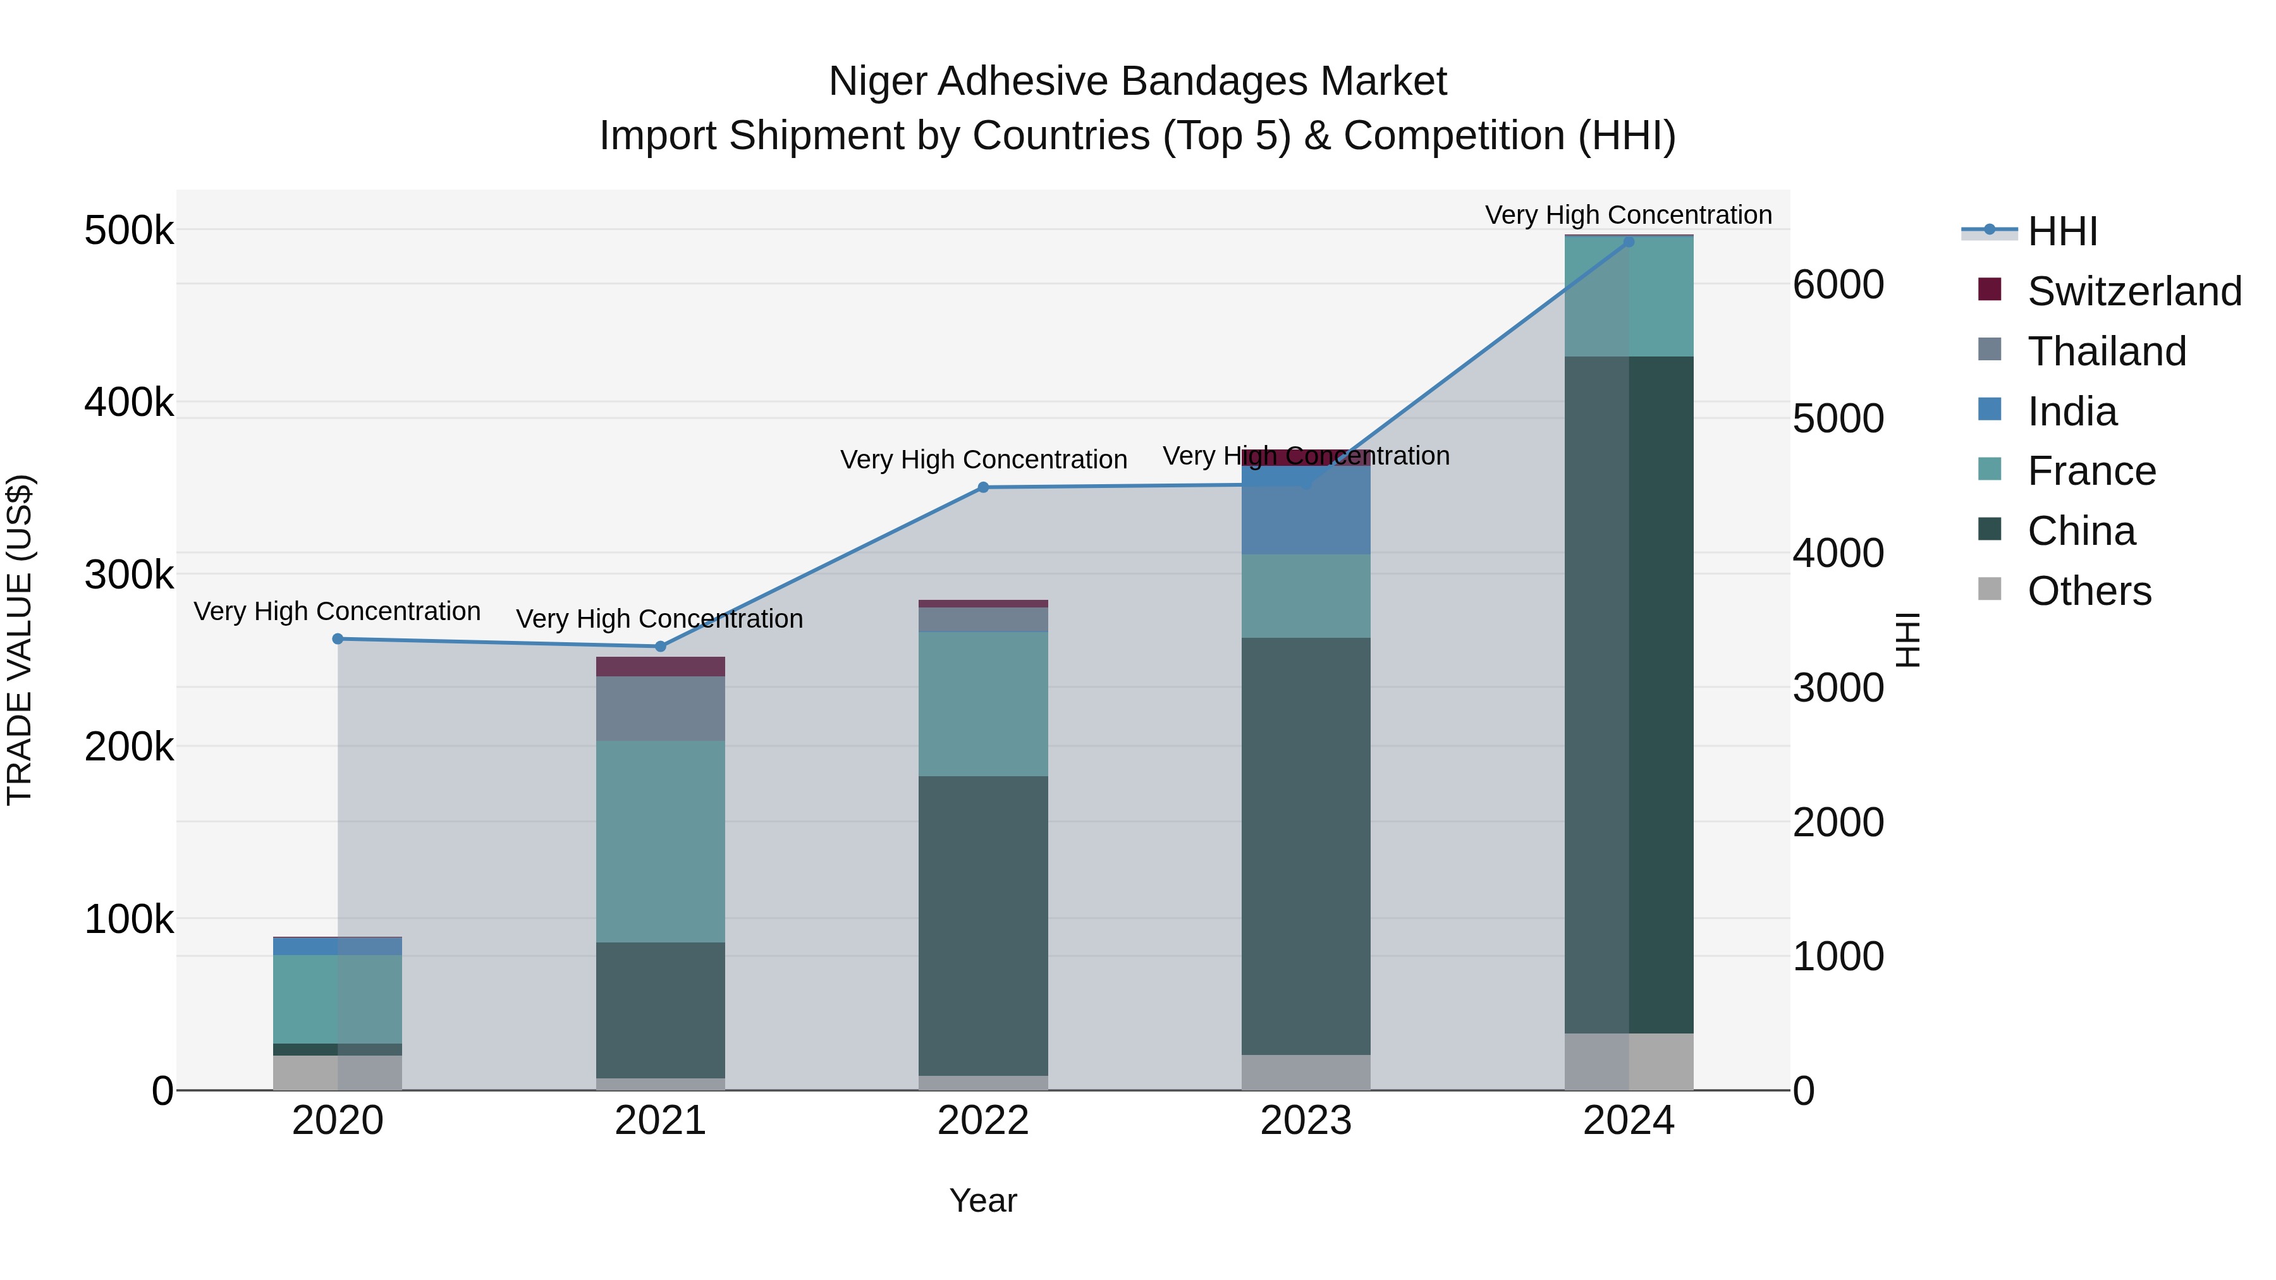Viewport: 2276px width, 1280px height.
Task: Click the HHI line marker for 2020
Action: point(338,638)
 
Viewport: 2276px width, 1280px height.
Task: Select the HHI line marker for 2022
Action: point(983,487)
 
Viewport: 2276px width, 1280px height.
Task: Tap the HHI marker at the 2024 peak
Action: point(1629,242)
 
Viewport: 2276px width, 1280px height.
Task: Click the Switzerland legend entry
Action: point(2134,291)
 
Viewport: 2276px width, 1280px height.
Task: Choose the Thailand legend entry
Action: point(2107,351)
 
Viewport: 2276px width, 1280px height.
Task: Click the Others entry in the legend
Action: point(2089,591)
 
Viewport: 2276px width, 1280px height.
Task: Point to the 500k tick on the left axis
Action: point(129,231)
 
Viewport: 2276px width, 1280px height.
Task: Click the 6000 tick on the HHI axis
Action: point(1839,284)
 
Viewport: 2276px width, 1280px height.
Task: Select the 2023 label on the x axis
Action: point(1306,1121)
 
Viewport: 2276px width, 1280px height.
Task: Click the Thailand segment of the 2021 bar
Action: point(660,709)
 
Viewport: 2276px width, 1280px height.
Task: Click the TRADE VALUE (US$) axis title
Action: point(20,640)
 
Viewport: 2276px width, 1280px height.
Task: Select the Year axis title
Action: point(982,1200)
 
